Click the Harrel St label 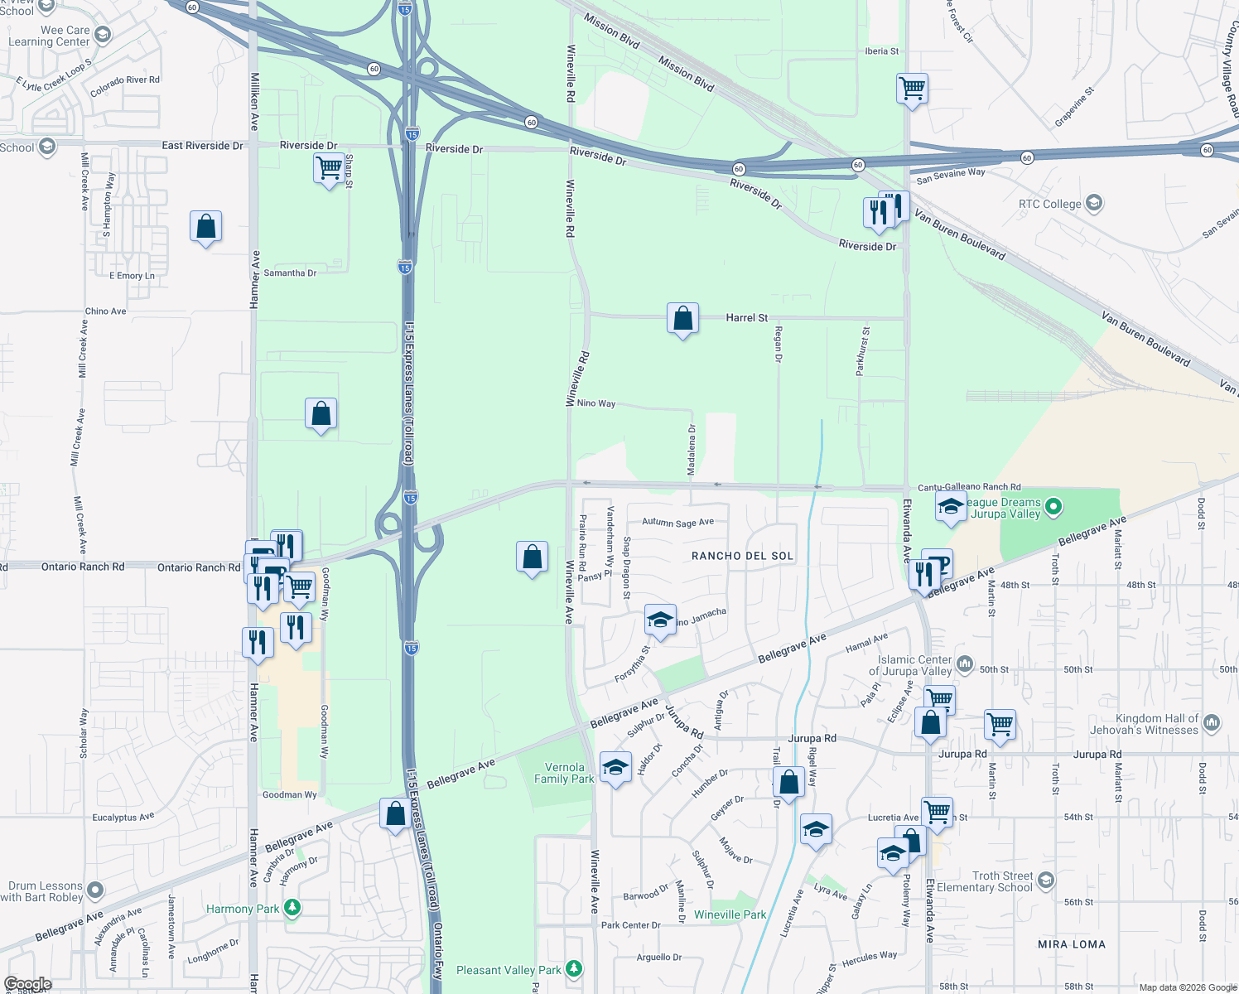(x=746, y=317)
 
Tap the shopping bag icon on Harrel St (x=682, y=319)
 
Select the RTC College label (x=1049, y=204)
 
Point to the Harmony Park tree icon (x=292, y=908)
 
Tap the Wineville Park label (x=730, y=914)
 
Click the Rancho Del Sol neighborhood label (x=742, y=556)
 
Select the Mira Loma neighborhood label (x=1071, y=944)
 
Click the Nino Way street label (x=596, y=403)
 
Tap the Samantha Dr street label (x=290, y=273)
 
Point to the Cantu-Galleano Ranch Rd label (x=969, y=487)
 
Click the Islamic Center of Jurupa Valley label (x=914, y=665)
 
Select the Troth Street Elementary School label (x=1002, y=881)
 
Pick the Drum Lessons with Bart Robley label (x=43, y=891)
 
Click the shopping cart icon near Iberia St (x=912, y=87)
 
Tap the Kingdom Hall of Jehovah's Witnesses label (x=1156, y=724)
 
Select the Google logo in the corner (x=28, y=984)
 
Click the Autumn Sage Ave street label (x=677, y=523)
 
